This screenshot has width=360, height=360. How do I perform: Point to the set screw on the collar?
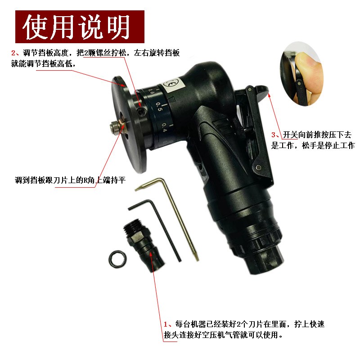point(142,111)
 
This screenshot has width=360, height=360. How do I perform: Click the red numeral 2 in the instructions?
point(13,53)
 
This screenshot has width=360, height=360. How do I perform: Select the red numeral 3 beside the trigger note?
point(274,135)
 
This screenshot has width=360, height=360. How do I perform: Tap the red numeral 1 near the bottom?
point(166,324)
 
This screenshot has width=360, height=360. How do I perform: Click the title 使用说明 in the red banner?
point(76,27)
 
